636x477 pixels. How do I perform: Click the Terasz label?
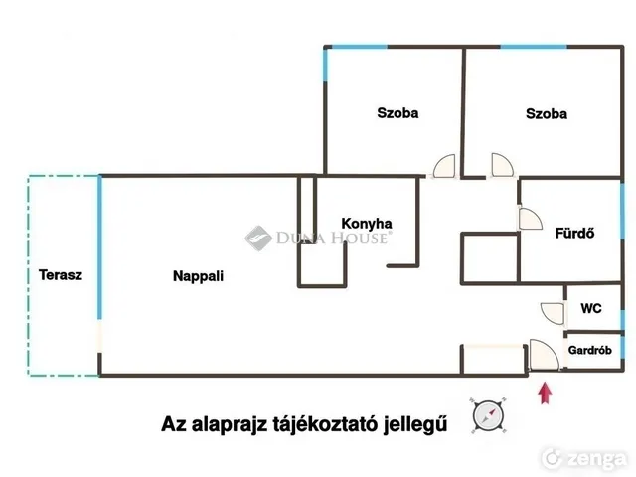61,275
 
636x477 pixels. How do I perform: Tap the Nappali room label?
198,276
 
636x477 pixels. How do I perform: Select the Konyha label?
367,224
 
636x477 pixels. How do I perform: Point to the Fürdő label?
574,233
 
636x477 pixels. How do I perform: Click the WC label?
591,308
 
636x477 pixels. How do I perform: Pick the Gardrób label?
589,350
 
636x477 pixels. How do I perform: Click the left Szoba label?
397,112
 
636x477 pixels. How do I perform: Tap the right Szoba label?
547,113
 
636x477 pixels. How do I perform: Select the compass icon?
488,415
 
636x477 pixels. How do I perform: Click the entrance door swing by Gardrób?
545,355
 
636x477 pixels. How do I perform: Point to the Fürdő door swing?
531,219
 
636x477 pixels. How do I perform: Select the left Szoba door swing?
444,166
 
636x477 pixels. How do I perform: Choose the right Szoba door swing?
502,165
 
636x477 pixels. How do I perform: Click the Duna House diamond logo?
258,238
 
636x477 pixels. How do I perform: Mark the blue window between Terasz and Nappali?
99,247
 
